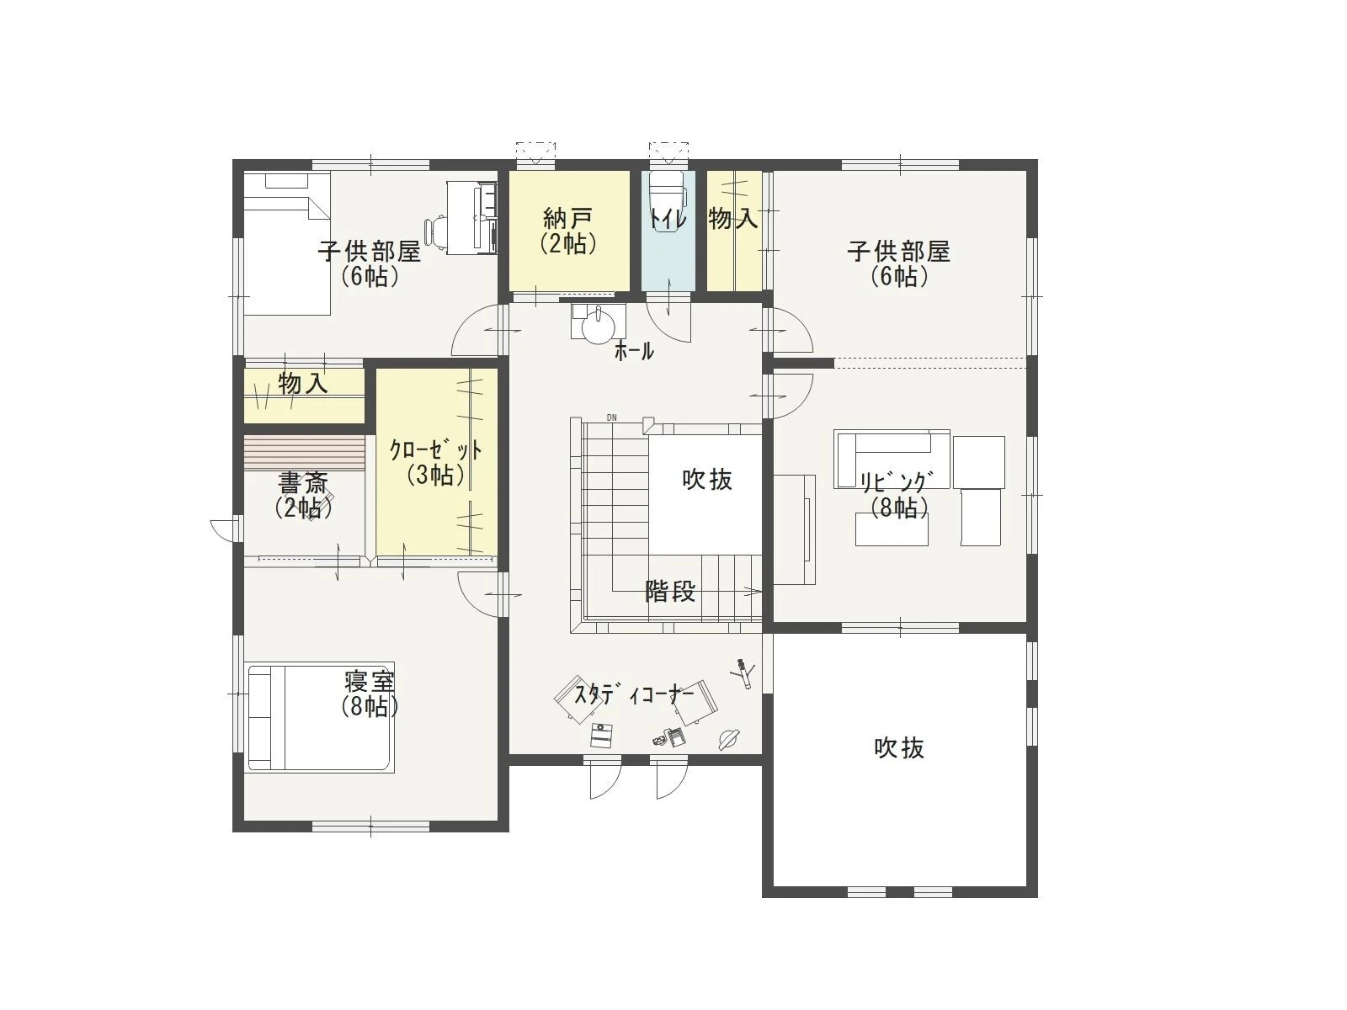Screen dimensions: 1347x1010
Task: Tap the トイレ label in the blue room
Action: click(668, 218)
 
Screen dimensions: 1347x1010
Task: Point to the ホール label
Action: click(634, 351)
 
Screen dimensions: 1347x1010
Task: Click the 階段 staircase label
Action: click(670, 591)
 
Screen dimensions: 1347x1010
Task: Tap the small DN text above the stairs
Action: click(611, 417)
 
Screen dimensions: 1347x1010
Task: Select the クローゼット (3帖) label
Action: click(436, 462)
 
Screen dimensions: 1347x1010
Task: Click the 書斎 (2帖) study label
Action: click(304, 496)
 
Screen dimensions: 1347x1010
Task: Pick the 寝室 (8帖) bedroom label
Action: click(370, 694)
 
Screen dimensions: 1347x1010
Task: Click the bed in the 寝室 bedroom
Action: click(321, 716)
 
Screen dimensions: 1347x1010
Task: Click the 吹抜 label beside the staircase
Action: click(707, 480)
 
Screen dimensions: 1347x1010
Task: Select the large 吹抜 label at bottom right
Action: click(899, 748)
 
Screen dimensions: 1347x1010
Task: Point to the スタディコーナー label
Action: click(635, 695)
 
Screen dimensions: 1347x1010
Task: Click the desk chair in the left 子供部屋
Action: click(438, 231)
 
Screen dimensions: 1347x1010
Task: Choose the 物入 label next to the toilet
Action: click(732, 218)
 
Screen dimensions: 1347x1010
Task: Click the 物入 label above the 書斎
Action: click(303, 384)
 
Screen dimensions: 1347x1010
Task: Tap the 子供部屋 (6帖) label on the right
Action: click(899, 263)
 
